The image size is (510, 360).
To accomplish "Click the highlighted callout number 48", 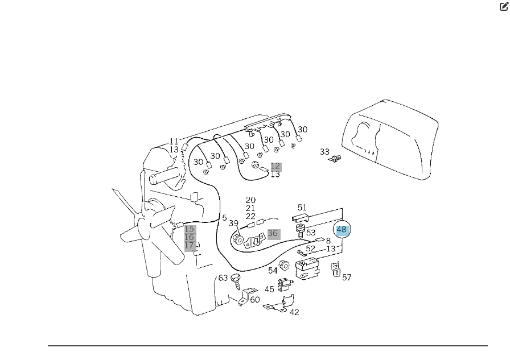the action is click(342, 230).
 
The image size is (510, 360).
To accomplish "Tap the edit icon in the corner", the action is click(504, 6).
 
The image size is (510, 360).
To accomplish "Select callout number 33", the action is click(324, 152).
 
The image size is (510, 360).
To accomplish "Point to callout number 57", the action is click(347, 278).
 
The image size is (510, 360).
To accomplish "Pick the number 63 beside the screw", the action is click(223, 278).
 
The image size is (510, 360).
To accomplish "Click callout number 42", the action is click(294, 312).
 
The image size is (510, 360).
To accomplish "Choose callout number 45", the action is click(269, 289).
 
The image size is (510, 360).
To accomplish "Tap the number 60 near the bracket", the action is click(255, 300).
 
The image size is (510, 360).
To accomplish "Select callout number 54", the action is click(273, 271).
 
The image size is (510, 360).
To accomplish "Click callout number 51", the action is click(302, 207).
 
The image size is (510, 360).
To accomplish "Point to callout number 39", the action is click(233, 223).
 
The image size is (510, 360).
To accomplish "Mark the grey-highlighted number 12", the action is click(275, 167).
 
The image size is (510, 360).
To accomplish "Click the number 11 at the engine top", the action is click(174, 142).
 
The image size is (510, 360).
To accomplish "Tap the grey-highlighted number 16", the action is click(189, 237).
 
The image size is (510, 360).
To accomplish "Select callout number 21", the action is click(250, 208).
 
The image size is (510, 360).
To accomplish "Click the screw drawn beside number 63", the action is click(236, 282).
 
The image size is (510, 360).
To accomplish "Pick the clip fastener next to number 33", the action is click(335, 159).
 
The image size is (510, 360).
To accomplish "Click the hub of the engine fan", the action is click(142, 225).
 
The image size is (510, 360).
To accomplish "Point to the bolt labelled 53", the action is click(301, 230).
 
